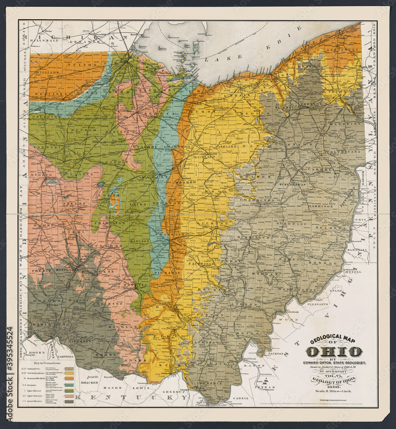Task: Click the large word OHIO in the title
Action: pyautogui.click(x=334, y=352)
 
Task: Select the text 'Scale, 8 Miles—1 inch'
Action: pyautogui.click(x=333, y=391)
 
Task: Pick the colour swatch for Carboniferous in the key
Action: pyautogui.click(x=69, y=369)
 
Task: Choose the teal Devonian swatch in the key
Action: pyautogui.click(x=69, y=385)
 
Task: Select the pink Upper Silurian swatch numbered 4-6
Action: pyautogui.click(x=69, y=396)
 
